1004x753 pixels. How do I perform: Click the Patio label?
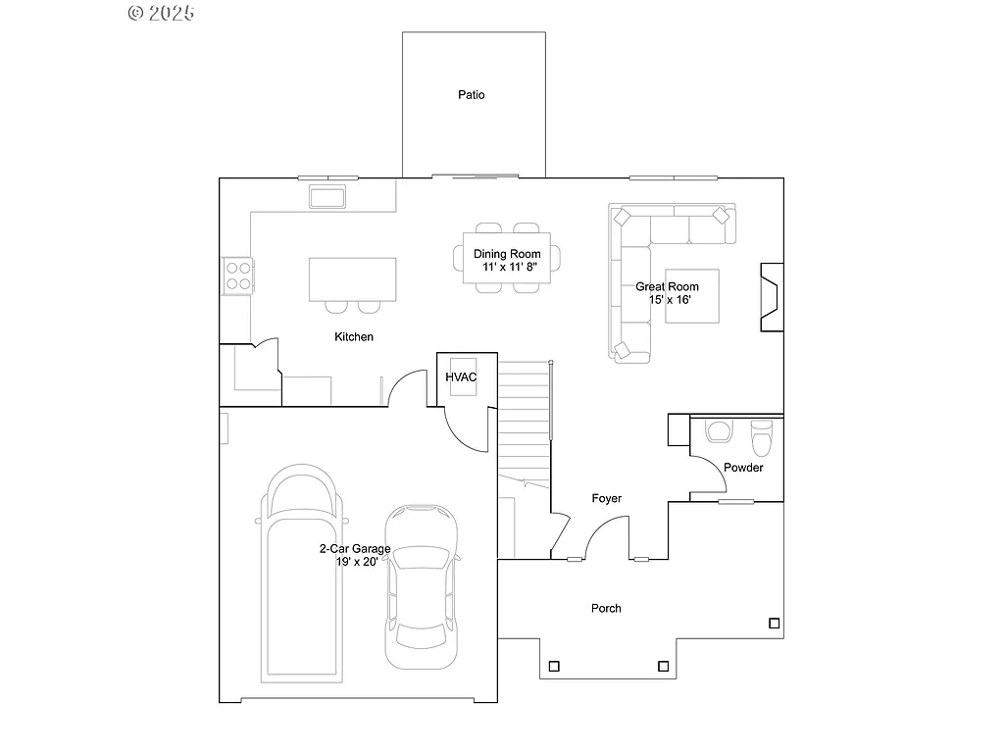click(472, 95)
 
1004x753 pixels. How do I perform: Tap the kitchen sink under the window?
click(328, 197)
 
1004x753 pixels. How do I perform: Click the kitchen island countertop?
click(352, 278)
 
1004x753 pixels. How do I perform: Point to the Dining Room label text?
click(507, 254)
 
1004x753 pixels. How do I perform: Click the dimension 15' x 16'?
click(670, 300)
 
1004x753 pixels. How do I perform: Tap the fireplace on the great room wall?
click(771, 296)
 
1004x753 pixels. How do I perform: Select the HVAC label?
click(461, 376)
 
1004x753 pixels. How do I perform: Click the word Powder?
click(743, 468)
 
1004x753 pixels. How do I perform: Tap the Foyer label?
click(606, 499)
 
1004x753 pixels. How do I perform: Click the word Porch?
click(606, 608)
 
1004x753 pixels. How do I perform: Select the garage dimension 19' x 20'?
click(356, 562)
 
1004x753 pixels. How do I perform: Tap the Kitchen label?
click(354, 336)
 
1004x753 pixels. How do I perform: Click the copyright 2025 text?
click(162, 13)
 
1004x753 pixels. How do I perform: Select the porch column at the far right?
click(774, 623)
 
